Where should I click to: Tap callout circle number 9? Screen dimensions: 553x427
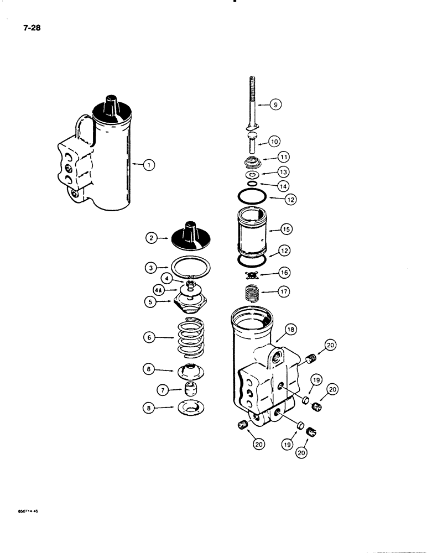point(275,103)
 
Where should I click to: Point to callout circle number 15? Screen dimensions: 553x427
point(287,228)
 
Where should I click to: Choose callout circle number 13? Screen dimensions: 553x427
point(283,174)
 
